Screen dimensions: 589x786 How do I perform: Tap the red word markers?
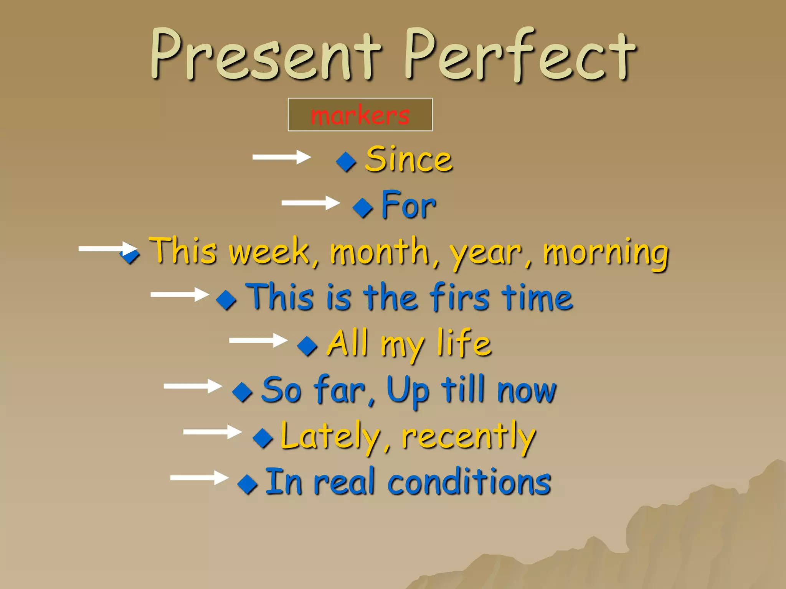click(360, 115)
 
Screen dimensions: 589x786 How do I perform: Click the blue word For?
click(408, 206)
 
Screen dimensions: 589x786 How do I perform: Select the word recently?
click(468, 437)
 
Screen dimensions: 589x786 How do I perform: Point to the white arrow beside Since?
click(281, 157)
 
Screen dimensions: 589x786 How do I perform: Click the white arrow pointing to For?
click(310, 203)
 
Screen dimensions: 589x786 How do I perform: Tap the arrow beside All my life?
click(258, 340)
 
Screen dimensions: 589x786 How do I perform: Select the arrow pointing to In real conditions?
click(199, 478)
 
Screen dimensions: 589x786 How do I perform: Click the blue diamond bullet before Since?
click(346, 161)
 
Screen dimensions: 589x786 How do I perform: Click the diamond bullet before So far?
click(243, 392)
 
